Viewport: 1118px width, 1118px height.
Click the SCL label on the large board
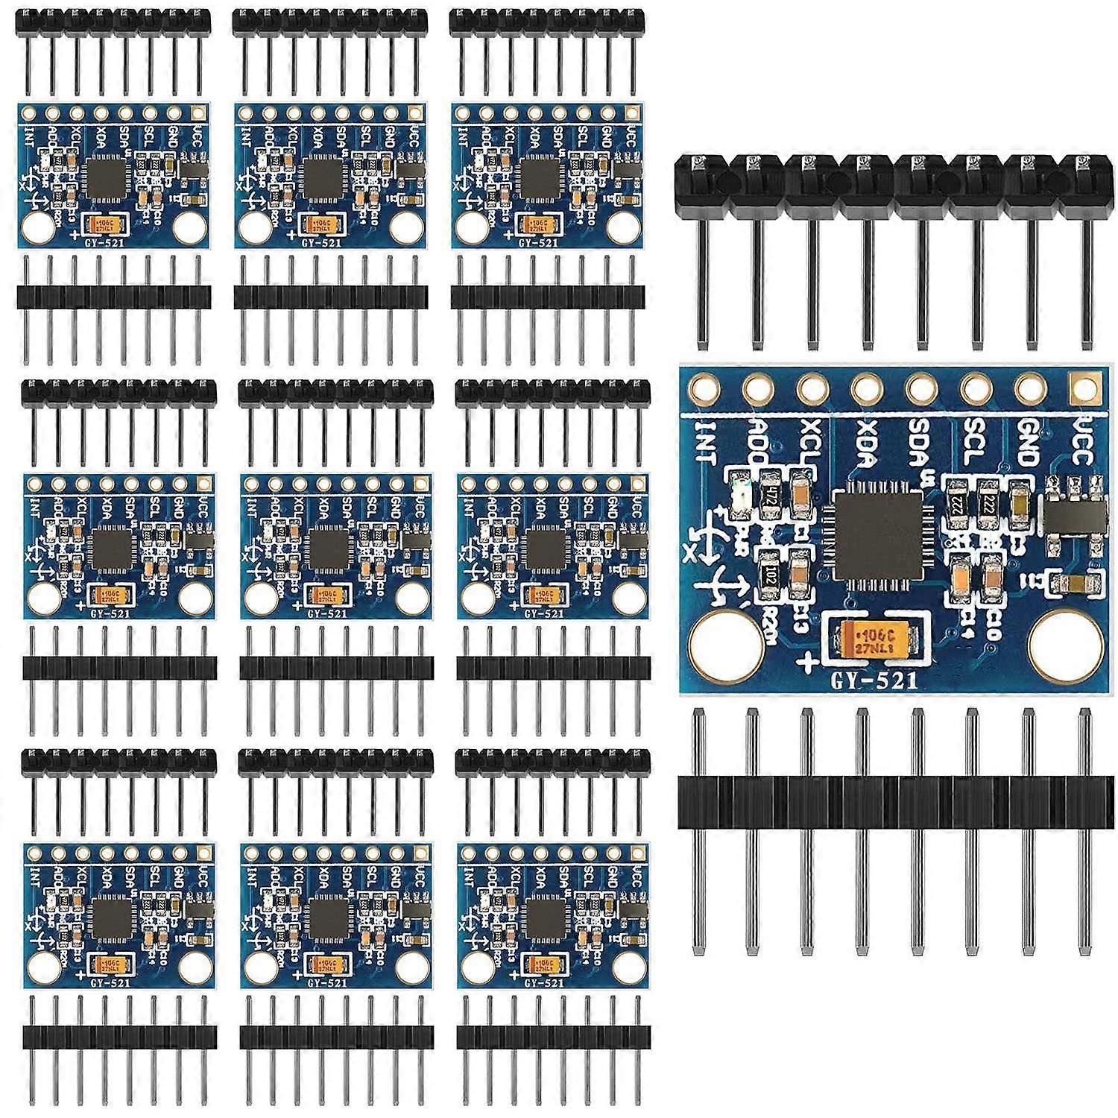[x=972, y=441]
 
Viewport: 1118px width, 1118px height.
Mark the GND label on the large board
[x=1026, y=441]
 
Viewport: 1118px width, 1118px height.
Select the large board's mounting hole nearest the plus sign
[x=726, y=642]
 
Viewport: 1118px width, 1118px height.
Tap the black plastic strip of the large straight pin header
[x=894, y=802]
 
